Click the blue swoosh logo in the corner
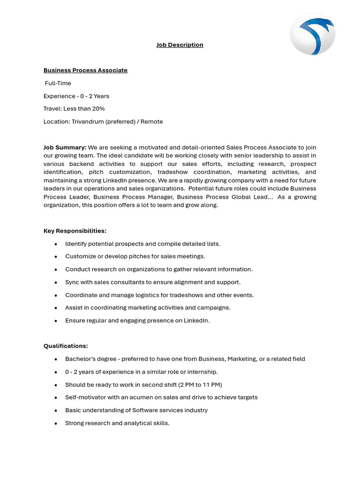[312, 34]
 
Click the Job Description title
[180, 45]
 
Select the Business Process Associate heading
[85, 70]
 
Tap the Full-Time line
[58, 83]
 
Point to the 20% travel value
[98, 109]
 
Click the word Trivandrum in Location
[88, 122]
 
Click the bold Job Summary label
[65, 148]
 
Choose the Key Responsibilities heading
[75, 231]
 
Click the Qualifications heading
[66, 346]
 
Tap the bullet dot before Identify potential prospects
[56, 244]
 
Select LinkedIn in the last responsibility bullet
[197, 321]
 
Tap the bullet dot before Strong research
[56, 423]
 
